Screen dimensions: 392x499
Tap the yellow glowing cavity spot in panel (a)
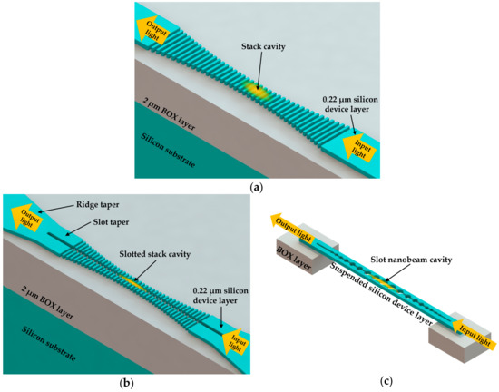click(257, 92)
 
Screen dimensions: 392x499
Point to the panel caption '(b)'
click(125, 380)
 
